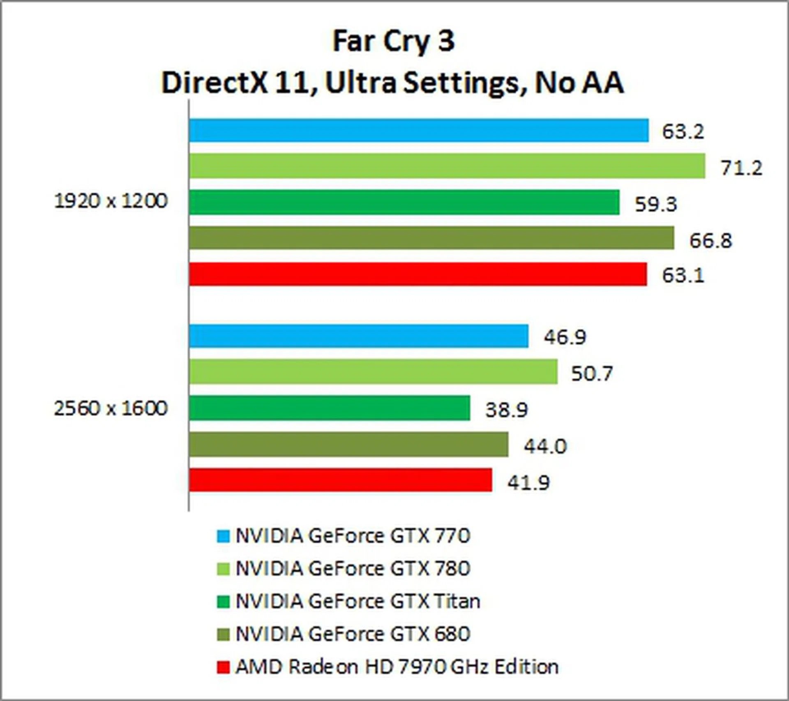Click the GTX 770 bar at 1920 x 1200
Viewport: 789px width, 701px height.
pyautogui.click(x=419, y=130)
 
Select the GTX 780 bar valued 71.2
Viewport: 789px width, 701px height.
pyautogui.click(x=447, y=166)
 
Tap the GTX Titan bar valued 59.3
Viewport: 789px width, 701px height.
pyautogui.click(x=404, y=202)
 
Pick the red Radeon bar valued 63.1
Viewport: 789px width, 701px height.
pyautogui.click(x=418, y=274)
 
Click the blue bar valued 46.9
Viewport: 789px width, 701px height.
pyautogui.click(x=359, y=336)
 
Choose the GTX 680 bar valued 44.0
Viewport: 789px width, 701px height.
pyautogui.click(x=348, y=444)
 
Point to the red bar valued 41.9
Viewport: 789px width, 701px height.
pyautogui.click(x=340, y=480)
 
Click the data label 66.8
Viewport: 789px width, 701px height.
pyautogui.click(x=711, y=240)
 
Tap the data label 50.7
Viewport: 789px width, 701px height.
pyautogui.click(x=592, y=374)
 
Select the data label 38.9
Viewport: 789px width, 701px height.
pyautogui.click(x=506, y=410)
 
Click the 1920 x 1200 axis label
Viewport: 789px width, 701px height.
pyautogui.click(x=111, y=201)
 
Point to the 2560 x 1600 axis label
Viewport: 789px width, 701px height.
pyautogui.click(x=111, y=408)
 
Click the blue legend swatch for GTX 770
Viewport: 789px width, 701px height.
pyautogui.click(x=223, y=536)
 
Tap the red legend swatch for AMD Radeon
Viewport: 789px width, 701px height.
pyautogui.click(x=223, y=667)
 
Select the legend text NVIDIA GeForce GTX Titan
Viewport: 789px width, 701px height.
pyautogui.click(x=358, y=602)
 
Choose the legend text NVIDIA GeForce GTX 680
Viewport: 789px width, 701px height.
pyautogui.click(x=353, y=634)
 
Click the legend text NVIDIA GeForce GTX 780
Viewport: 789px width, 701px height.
pyautogui.click(x=353, y=569)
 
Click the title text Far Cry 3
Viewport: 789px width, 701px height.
pyautogui.click(x=393, y=41)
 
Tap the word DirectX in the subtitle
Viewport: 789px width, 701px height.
pyautogui.click(x=214, y=83)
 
